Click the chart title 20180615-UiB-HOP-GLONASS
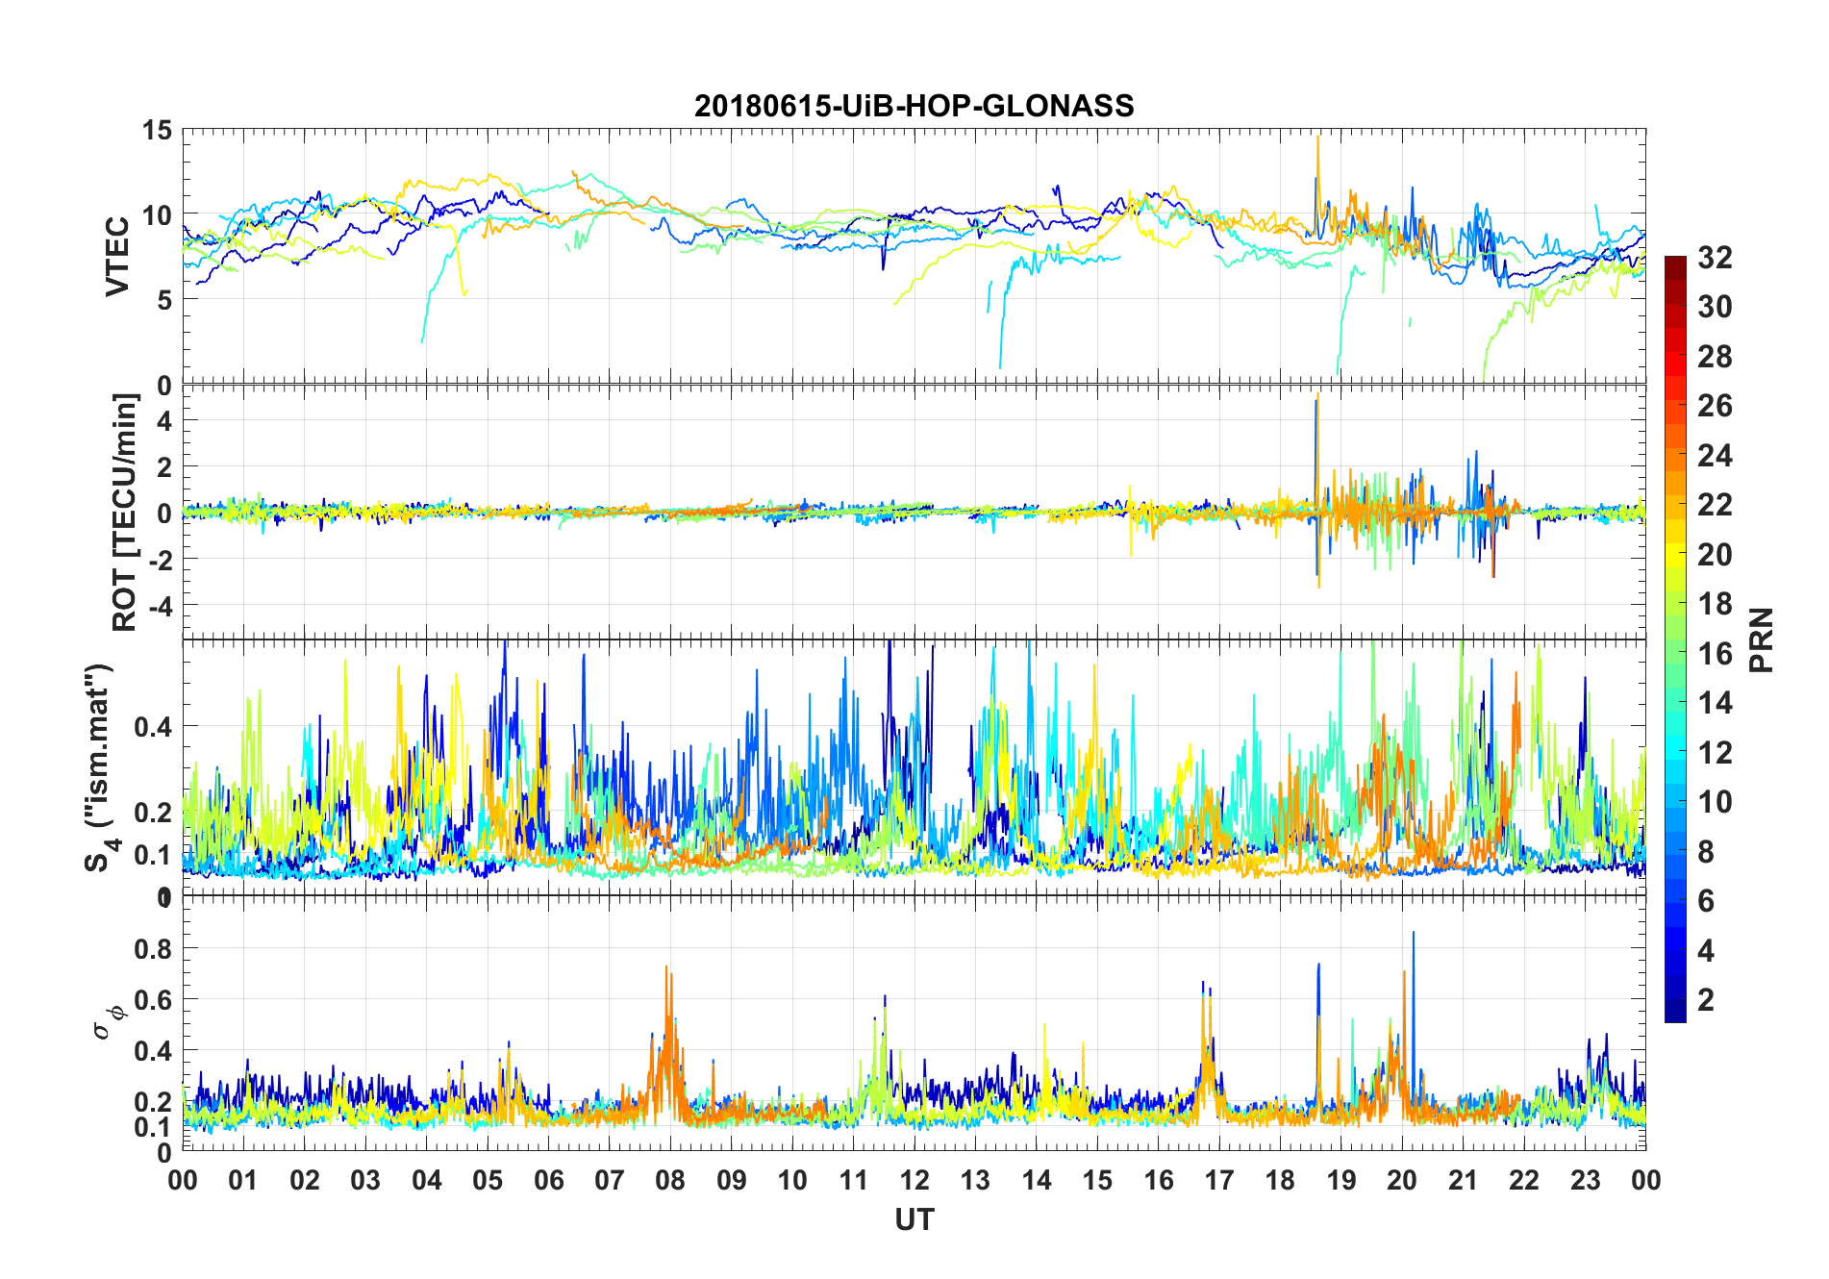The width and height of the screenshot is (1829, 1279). (x=914, y=106)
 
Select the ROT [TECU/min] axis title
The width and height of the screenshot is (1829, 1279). (x=125, y=512)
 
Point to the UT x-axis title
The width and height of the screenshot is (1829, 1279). (x=914, y=1219)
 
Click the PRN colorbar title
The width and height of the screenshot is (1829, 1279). (x=1762, y=639)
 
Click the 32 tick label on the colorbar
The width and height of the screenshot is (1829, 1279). (x=1715, y=258)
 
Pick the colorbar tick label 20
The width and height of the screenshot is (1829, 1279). (x=1715, y=555)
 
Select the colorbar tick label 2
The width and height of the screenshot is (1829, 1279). (x=1706, y=1000)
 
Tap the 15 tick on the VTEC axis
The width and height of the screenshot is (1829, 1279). (x=158, y=131)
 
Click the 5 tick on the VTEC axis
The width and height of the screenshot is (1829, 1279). (x=163, y=300)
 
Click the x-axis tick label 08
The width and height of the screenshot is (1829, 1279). (x=670, y=1180)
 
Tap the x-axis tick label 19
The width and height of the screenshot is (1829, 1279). (x=1340, y=1180)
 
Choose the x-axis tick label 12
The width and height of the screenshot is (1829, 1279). (x=914, y=1180)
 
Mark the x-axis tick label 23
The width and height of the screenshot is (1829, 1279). (x=1585, y=1180)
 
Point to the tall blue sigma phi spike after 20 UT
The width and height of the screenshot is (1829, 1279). (x=1413, y=933)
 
